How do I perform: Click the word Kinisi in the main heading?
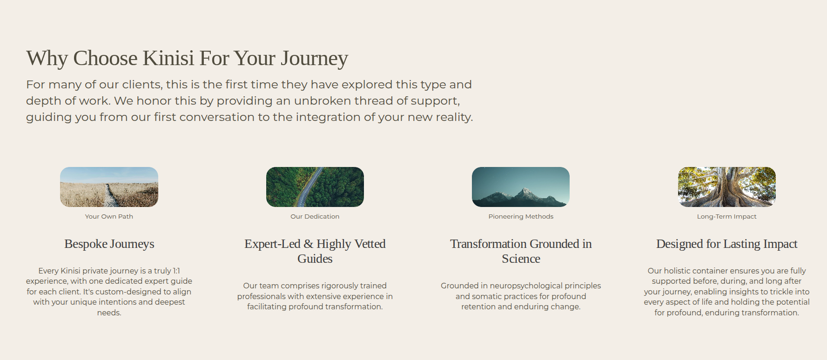pyautogui.click(x=168, y=58)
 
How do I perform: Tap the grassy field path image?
pyautogui.click(x=109, y=187)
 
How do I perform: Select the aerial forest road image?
pyautogui.click(x=315, y=187)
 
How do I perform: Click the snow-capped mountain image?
pyautogui.click(x=521, y=187)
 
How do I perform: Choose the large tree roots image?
pyautogui.click(x=727, y=187)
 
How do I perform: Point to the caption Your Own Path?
pyautogui.click(x=109, y=216)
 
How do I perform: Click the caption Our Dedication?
pyautogui.click(x=315, y=216)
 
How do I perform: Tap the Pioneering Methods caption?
pyautogui.click(x=521, y=216)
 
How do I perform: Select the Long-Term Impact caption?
pyautogui.click(x=727, y=216)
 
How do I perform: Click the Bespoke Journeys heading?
pyautogui.click(x=109, y=244)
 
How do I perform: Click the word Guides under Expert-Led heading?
pyautogui.click(x=315, y=259)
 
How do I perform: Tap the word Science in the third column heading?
pyautogui.click(x=521, y=259)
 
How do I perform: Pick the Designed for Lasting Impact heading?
pyautogui.click(x=727, y=244)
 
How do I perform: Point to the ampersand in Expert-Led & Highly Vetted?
pyautogui.click(x=308, y=244)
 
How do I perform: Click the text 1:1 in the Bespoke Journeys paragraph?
pyautogui.click(x=176, y=271)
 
